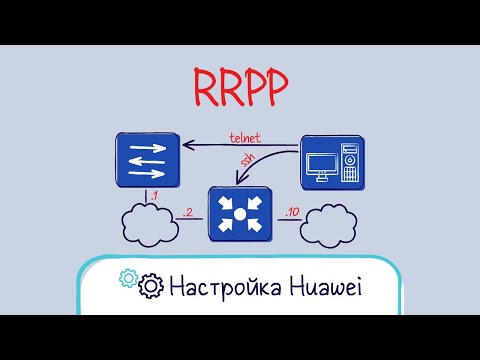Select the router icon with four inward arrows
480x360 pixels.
point(240,213)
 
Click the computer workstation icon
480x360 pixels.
point(332,161)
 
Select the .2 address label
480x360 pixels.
point(188,213)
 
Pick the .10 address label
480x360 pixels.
point(289,213)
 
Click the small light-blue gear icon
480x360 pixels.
point(128,278)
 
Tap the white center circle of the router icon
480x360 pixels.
point(240,214)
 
